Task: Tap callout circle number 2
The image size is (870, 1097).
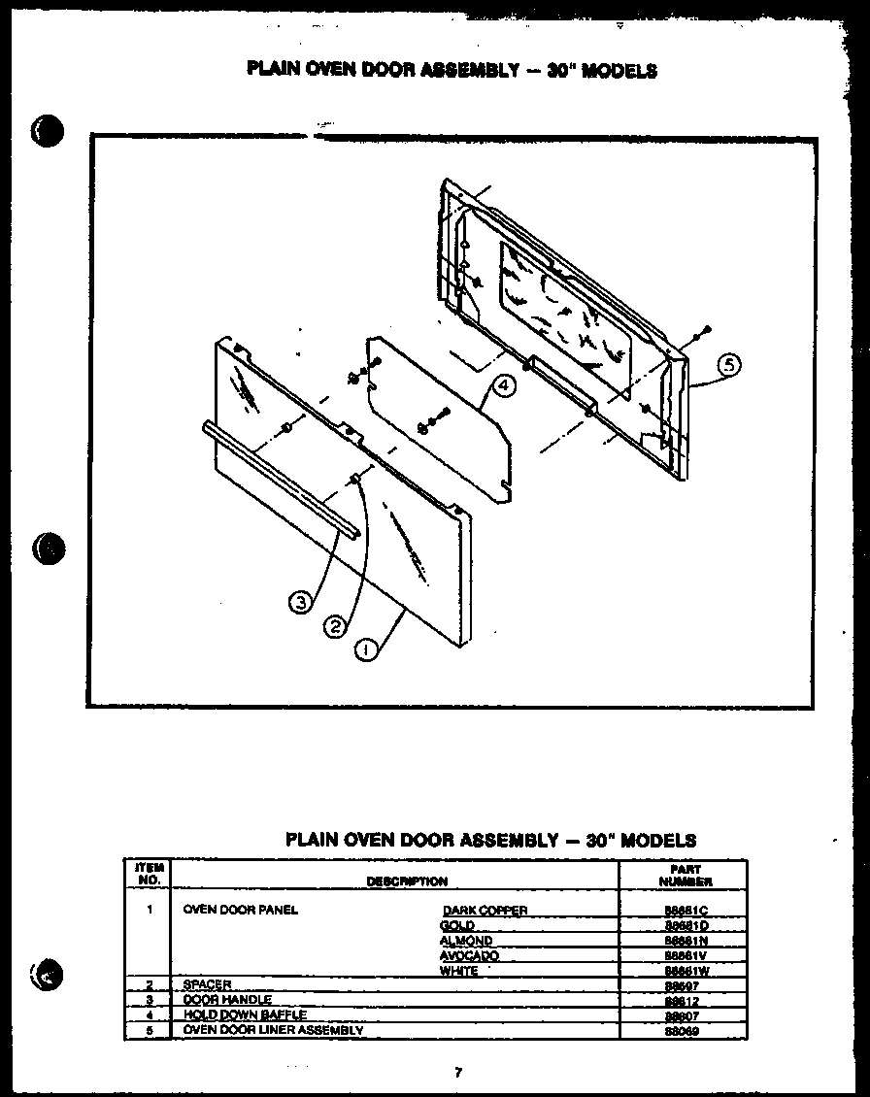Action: [x=333, y=626]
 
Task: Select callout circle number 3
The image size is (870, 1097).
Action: [x=301, y=602]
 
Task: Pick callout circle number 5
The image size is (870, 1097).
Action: [x=729, y=366]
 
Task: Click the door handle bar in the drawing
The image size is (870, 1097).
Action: [x=282, y=480]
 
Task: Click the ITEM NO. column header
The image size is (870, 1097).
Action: [x=150, y=875]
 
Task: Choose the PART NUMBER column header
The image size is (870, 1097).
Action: [x=686, y=876]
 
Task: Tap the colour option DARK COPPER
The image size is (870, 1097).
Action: [x=485, y=911]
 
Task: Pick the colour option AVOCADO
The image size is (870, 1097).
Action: [x=469, y=956]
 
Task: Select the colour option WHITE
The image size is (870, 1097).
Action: [x=458, y=971]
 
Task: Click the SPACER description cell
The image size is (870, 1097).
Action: [x=207, y=985]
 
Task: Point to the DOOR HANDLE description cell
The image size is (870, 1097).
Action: [x=227, y=1000]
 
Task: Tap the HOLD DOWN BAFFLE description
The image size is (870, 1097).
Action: [x=245, y=1014]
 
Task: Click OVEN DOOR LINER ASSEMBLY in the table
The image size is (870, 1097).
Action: [x=273, y=1029]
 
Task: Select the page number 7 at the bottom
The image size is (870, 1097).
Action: [x=457, y=1072]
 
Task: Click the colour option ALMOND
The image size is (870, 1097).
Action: [x=466, y=941]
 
